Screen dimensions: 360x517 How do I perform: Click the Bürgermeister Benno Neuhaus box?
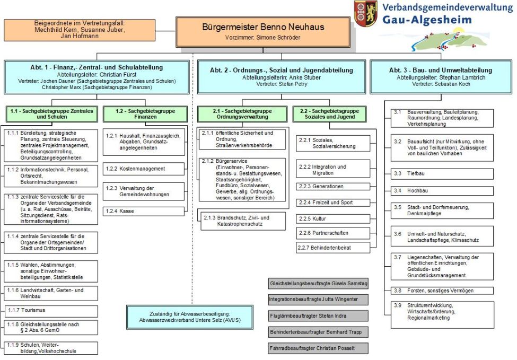[263, 31]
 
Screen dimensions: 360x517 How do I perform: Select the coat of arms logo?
[366, 13]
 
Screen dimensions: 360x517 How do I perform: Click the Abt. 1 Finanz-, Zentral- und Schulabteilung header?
[97, 77]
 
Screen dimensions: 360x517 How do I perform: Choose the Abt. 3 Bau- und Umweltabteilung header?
[440, 77]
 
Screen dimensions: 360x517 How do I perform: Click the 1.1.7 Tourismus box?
[51, 311]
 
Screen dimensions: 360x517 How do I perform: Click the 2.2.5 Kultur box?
[332, 218]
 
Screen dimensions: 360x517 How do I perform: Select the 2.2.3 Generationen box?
[332, 187]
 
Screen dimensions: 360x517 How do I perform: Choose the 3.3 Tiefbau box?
[442, 173]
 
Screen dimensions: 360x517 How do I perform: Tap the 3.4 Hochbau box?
[442, 190]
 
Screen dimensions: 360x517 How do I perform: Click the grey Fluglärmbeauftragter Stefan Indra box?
[318, 316]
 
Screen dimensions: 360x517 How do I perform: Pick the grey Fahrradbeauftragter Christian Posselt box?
[318, 348]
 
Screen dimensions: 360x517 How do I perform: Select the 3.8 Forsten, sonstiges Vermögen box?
[442, 291]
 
